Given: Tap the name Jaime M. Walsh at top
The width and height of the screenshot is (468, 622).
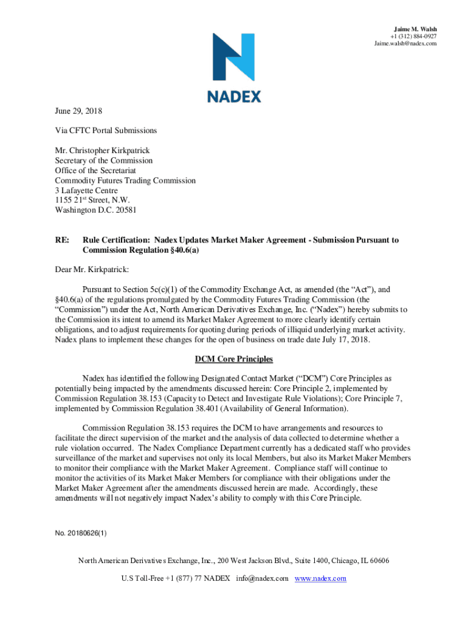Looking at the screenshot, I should click(x=415, y=29).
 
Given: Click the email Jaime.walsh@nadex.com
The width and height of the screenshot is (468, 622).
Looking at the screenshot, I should click(x=405, y=44).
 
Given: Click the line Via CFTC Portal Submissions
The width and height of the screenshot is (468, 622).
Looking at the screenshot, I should click(x=106, y=131).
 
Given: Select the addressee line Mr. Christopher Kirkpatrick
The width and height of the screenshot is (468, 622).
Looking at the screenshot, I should click(x=102, y=151).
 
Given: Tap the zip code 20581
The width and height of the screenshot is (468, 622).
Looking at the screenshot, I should click(x=120, y=210).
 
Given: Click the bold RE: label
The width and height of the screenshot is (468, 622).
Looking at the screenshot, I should click(x=61, y=240).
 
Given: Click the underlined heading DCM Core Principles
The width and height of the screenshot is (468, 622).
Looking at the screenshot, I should click(x=233, y=360).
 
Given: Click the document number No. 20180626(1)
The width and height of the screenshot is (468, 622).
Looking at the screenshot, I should click(x=80, y=533).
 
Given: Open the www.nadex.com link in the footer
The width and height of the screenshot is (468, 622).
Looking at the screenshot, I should click(x=320, y=578).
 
